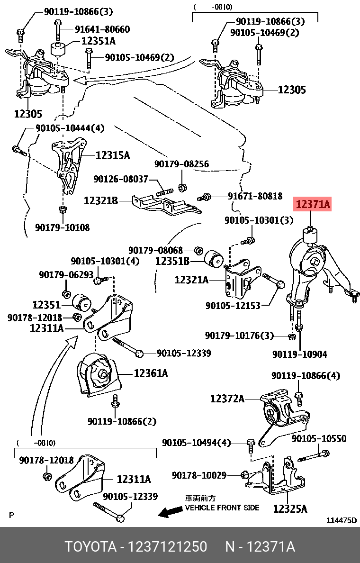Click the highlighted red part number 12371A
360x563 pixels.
[313, 205]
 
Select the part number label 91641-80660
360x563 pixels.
[102, 29]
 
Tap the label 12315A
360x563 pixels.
[112, 155]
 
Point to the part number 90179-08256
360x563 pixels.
[181, 164]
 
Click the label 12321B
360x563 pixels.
[100, 201]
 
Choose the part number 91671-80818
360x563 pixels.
[255, 196]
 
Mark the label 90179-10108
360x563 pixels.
[62, 227]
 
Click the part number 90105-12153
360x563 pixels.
[233, 306]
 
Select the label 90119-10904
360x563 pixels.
[299, 354]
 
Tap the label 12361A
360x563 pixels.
[151, 373]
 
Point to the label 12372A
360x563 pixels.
[227, 399]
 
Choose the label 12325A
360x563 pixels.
[290, 509]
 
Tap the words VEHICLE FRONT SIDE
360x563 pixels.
[222, 508]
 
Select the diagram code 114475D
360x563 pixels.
[342, 520]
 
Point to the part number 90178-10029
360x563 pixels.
[199, 475]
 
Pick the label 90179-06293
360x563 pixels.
[66, 274]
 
